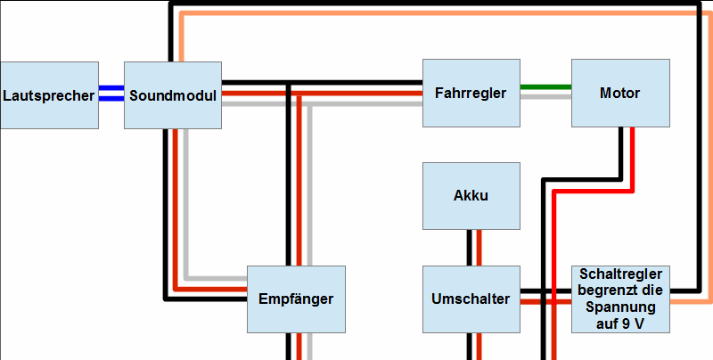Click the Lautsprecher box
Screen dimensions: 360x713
pos(49,94)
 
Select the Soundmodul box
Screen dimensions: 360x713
pos(172,94)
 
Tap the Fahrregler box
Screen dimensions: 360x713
pos(471,93)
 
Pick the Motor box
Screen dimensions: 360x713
pos(619,93)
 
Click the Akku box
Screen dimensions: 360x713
pos(471,195)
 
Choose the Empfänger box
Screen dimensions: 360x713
pos(295,299)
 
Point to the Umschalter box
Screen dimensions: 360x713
pos(471,299)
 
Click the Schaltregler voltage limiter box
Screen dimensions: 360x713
pos(619,299)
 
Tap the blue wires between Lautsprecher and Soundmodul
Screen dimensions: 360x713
pos(111,94)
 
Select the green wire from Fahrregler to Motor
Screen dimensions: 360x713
pos(545,87)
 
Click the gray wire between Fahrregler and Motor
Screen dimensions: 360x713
pos(545,96)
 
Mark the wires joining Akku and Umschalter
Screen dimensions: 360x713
pos(471,247)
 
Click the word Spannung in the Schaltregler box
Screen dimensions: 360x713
pos(620,307)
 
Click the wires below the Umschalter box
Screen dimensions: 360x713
pos(471,346)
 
